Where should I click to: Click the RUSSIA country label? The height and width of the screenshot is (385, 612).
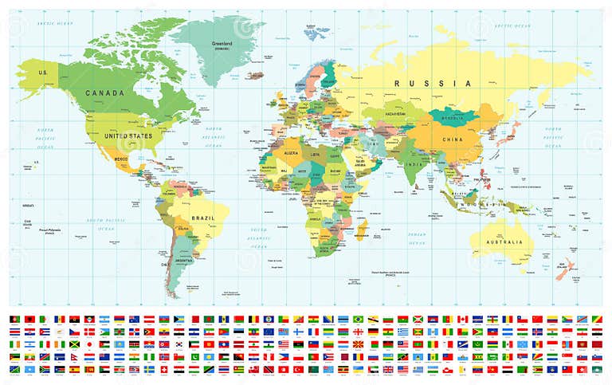435,83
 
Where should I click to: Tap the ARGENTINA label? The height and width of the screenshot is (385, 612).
184,261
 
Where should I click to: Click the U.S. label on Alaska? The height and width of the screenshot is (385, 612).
43,73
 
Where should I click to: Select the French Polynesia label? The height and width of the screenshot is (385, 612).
52,232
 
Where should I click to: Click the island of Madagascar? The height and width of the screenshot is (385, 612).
361,230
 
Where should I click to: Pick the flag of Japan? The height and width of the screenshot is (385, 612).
90,344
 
